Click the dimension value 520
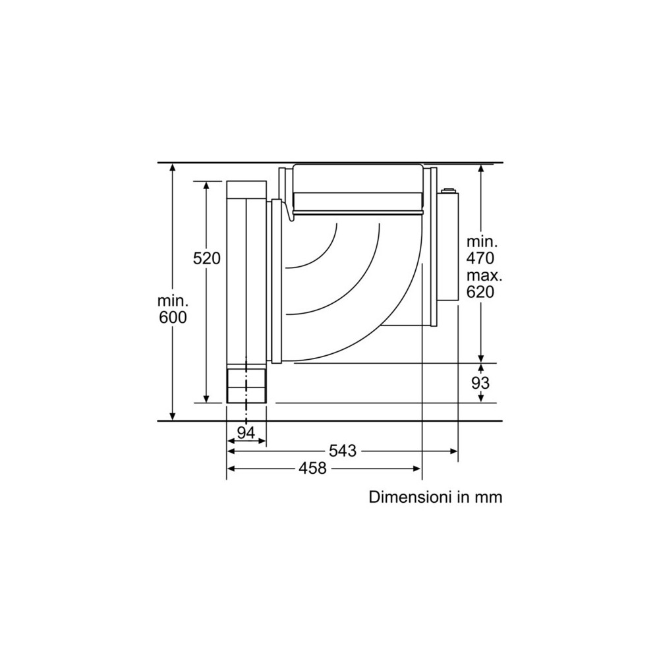click(x=206, y=259)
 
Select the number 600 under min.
click(x=173, y=317)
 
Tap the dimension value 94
click(x=246, y=433)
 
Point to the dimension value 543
click(x=343, y=451)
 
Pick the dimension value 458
click(x=312, y=469)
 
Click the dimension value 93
click(x=481, y=383)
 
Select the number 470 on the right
click(x=480, y=258)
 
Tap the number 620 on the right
click(x=480, y=292)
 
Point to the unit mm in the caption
click(x=488, y=496)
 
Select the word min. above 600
click(x=173, y=301)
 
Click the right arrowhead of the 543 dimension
click(x=455, y=451)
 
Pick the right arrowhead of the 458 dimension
click(x=418, y=469)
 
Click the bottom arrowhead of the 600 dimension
click(x=173, y=416)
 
